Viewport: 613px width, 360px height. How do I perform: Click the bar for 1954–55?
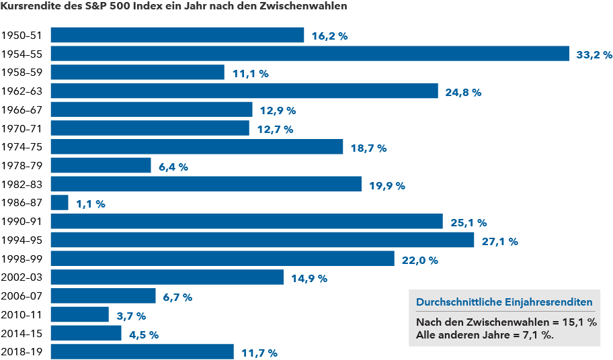[310, 54]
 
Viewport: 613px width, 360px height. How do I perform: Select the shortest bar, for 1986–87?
[60, 203]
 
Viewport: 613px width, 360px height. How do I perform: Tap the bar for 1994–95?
[262, 240]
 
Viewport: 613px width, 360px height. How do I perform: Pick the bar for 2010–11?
[80, 315]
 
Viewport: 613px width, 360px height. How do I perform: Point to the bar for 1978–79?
[101, 166]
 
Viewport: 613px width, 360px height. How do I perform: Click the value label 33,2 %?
[594, 54]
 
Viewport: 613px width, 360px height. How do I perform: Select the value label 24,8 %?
[463, 92]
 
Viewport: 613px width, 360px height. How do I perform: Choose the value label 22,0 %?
[419, 260]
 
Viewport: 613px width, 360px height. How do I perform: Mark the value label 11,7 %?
[259, 353]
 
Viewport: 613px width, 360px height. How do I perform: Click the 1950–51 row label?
[22, 36]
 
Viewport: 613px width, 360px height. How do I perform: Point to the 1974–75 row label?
[22, 147]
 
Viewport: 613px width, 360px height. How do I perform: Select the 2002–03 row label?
[22, 277]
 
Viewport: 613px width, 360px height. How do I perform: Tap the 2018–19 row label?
[22, 352]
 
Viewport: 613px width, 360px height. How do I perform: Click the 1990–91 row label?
[22, 222]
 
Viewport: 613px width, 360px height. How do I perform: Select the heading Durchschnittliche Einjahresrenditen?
[504, 302]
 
